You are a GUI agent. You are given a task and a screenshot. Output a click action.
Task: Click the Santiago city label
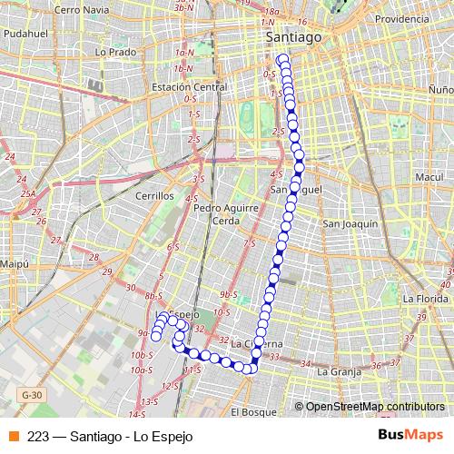(293, 37)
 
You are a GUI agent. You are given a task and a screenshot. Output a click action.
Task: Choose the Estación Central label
(190, 87)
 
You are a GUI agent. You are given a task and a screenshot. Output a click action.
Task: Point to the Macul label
(427, 176)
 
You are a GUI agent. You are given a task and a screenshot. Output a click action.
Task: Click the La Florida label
(427, 298)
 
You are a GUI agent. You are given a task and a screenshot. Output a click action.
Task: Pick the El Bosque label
(251, 411)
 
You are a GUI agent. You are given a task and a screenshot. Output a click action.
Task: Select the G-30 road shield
(32, 395)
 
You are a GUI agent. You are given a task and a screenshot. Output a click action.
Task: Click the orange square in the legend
(13, 436)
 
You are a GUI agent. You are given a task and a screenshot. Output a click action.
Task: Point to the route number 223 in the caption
(38, 436)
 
